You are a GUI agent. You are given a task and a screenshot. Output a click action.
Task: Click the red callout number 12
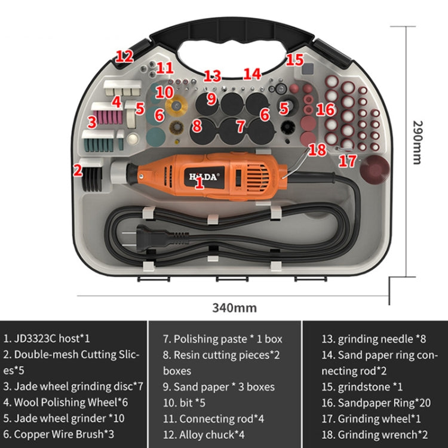[124, 57]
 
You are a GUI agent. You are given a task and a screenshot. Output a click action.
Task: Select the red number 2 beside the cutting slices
[77, 170]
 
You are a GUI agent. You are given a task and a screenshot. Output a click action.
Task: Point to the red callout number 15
[294, 59]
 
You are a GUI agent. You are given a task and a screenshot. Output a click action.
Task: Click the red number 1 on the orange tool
[200, 184]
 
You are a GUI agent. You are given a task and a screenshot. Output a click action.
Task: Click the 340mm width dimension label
[234, 308]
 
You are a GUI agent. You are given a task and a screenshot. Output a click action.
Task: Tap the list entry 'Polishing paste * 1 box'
[222, 339]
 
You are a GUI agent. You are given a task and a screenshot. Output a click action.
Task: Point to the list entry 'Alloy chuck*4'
[204, 435]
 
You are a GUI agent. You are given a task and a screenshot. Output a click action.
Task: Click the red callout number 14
[253, 74]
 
